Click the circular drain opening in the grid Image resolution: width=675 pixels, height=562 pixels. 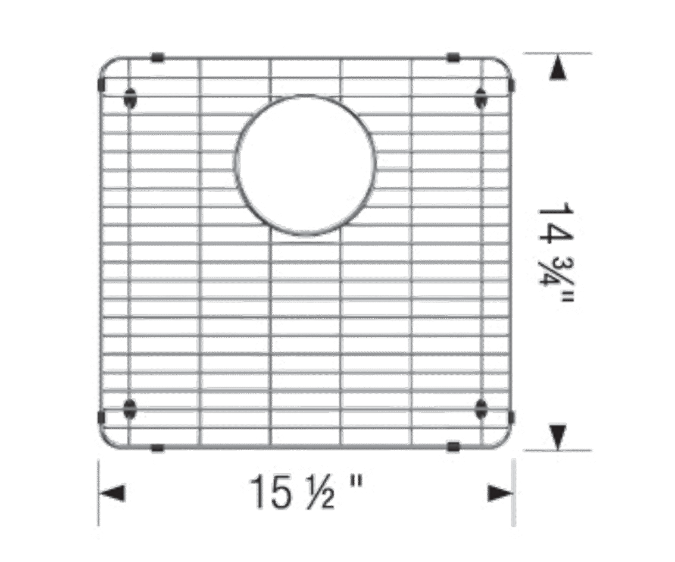coord(305,94)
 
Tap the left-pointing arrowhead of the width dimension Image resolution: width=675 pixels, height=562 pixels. coord(112,493)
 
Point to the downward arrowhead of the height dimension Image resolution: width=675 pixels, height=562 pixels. coord(558,437)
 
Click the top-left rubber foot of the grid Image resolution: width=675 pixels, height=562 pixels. coord(130,99)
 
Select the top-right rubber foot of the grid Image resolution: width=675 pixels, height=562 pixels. coord(480,99)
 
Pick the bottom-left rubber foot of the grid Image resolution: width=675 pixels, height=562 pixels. coord(130,408)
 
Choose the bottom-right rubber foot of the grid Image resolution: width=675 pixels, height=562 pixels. coord(480,408)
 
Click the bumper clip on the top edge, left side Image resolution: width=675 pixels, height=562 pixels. coord(158,57)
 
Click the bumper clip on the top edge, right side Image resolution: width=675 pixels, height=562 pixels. coord(454,57)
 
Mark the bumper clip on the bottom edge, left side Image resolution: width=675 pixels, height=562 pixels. coord(158,448)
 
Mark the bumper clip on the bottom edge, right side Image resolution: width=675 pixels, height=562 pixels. coord(454,447)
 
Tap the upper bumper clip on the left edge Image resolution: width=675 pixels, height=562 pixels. coord(102,84)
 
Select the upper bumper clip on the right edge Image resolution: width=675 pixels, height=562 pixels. coord(511,84)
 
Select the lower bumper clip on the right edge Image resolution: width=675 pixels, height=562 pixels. coord(511,417)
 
